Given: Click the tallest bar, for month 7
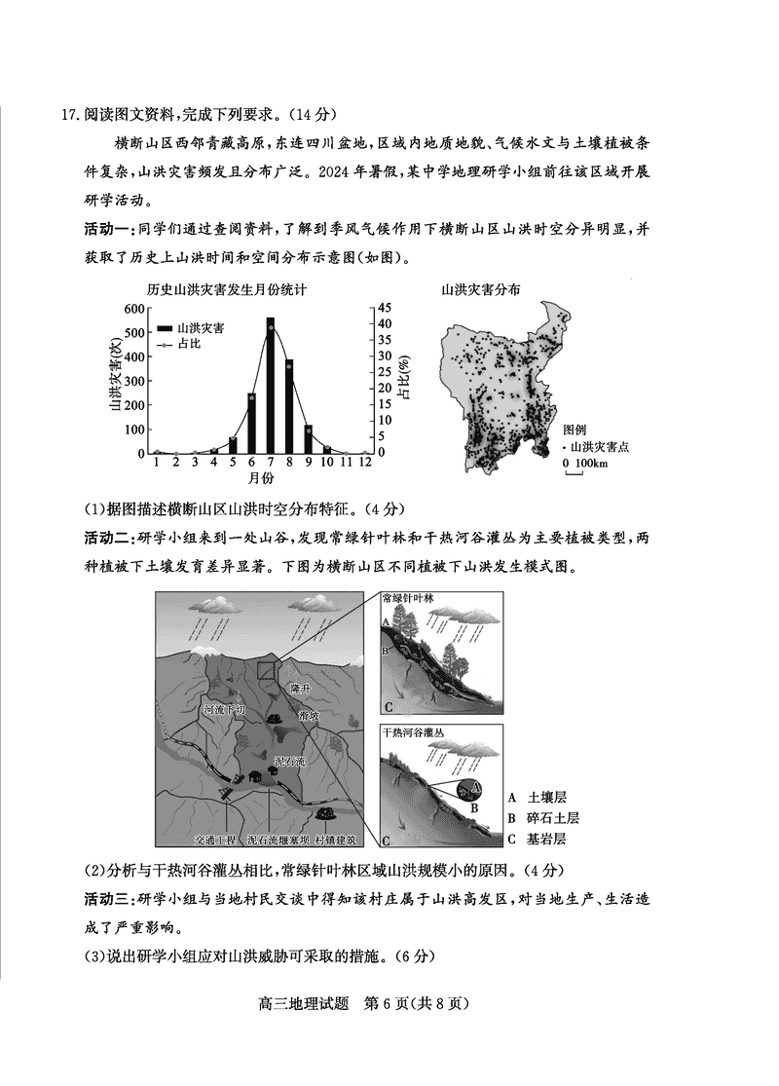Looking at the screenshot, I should (x=270, y=385).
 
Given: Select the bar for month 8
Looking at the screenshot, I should (x=289, y=406).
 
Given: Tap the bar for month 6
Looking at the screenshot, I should (x=251, y=423).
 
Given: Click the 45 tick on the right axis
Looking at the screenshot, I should (x=386, y=309).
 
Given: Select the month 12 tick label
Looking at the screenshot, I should (x=365, y=463).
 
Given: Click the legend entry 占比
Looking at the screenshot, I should (x=189, y=345).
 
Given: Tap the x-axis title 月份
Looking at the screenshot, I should (x=260, y=478).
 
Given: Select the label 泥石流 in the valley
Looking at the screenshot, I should (x=289, y=761).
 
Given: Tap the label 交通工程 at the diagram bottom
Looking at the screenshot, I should (x=214, y=839).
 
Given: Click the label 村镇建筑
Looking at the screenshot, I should (x=336, y=839).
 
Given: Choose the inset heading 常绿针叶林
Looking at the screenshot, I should (x=408, y=598).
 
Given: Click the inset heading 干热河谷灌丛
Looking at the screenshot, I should (x=414, y=732).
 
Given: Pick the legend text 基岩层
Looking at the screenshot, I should (x=545, y=839).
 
